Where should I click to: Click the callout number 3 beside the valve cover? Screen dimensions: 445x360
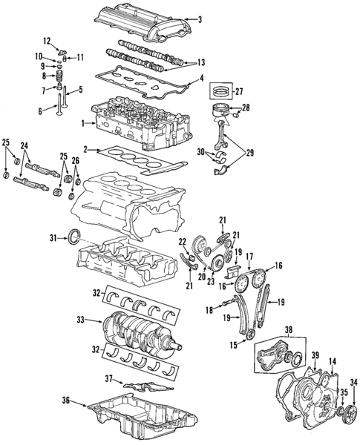(x=198, y=19)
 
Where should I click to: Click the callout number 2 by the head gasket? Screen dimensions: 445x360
(x=85, y=150)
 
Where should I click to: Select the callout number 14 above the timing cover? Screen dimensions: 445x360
(x=333, y=361)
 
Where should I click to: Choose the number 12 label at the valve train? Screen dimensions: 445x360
(x=46, y=40)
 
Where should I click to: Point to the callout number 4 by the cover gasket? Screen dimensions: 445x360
(x=201, y=78)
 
